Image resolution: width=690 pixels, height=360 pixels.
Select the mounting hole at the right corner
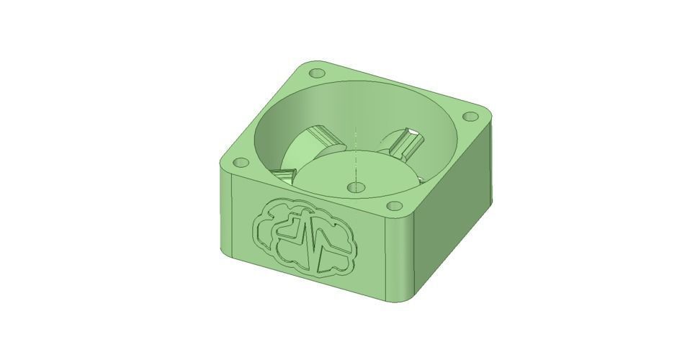tap(472, 116)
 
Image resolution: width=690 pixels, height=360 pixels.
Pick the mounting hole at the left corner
tap(241, 162)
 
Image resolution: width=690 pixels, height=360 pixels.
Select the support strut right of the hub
tap(409, 143)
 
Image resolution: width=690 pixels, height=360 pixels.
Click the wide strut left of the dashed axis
tap(308, 144)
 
